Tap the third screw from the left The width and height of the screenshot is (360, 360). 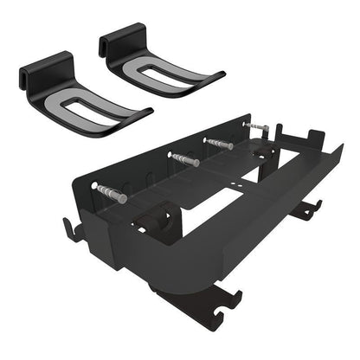[x=219, y=141]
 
